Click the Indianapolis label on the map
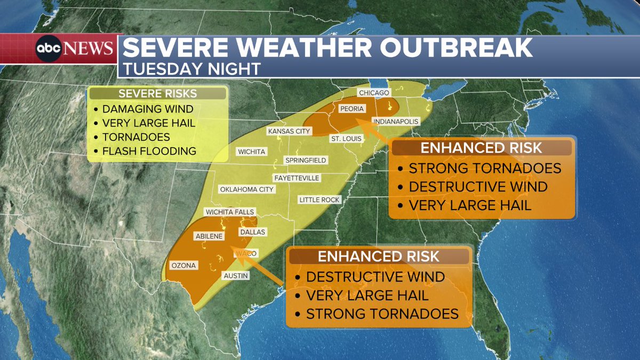coord(395,121)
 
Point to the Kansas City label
coord(288,131)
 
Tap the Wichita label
coord(252,151)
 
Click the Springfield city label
coord(306,160)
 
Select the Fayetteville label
coord(296,178)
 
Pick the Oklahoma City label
coord(246,189)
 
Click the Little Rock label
coord(319,199)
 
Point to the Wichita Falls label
coord(229,212)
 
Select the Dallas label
coord(252,232)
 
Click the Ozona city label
coord(183,265)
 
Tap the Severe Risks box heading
coord(157,94)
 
